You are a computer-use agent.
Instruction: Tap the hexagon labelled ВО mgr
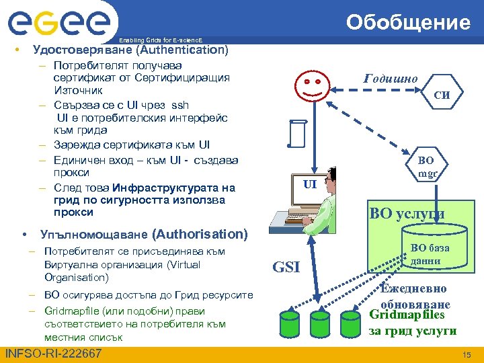[x=426, y=167]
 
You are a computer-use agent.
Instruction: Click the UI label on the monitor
[x=309, y=184]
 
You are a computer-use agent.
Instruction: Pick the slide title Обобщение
[x=408, y=23]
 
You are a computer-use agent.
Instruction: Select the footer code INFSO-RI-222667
[x=53, y=354]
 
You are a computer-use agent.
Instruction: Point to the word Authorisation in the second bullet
[x=200, y=234]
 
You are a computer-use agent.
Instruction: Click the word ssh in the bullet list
[x=180, y=105]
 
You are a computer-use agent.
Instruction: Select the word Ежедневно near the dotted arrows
[x=413, y=288]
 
